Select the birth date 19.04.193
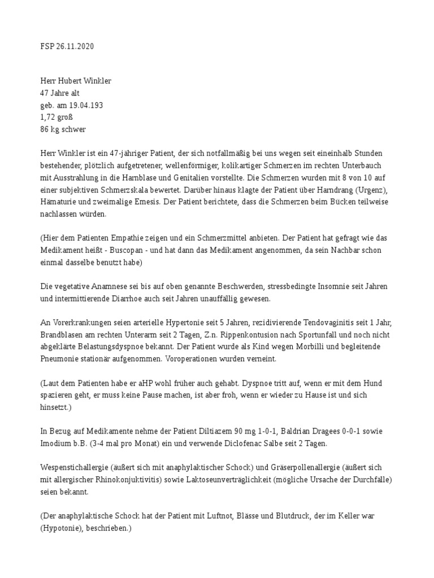tap(85, 105)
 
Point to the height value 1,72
tap(48, 117)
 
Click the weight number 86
tap(45, 129)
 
